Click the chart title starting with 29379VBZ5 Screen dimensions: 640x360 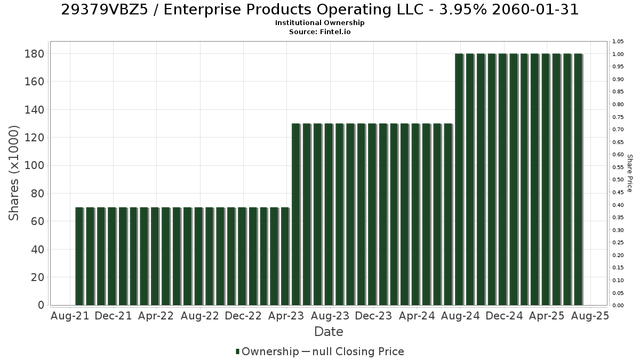[x=319, y=10]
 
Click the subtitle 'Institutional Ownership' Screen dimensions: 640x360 [x=319, y=23]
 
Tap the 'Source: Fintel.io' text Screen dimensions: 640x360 [x=319, y=31]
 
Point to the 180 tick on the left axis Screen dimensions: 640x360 [x=34, y=54]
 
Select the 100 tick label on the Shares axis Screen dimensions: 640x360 [x=34, y=165]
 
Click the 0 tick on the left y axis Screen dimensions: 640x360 [x=41, y=305]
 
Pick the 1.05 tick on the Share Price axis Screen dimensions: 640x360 [x=618, y=42]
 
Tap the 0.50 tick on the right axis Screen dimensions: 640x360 [x=618, y=180]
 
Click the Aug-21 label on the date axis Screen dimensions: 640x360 [x=70, y=316]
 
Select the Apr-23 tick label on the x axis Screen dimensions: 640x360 [x=286, y=316]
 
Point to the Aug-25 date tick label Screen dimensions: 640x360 [x=590, y=316]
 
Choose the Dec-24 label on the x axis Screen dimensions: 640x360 [x=504, y=316]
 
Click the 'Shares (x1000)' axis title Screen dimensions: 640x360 [x=14, y=173]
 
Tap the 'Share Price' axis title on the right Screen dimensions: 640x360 [x=630, y=173]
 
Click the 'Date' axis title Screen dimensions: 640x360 [x=329, y=332]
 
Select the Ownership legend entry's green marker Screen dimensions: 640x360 [x=237, y=351]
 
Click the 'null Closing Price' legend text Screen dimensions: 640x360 [x=358, y=351]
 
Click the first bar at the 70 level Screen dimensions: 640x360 [x=79, y=257]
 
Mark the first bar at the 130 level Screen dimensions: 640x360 [x=295, y=214]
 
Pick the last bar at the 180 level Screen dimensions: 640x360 [x=578, y=179]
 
